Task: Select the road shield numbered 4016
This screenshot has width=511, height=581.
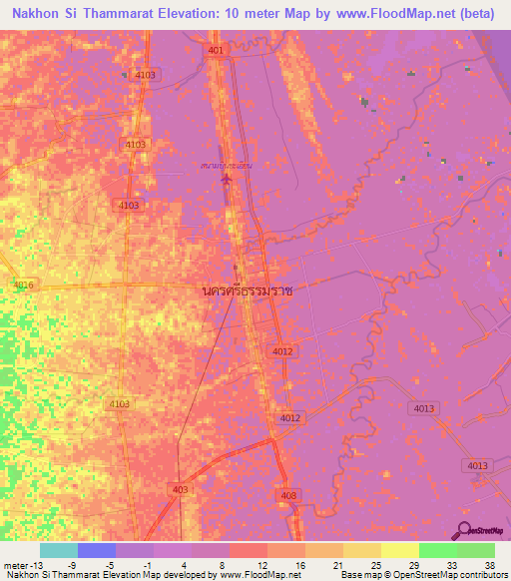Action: (23, 286)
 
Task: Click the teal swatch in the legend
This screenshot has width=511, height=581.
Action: (59, 550)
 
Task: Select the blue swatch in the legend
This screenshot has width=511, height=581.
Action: (97, 550)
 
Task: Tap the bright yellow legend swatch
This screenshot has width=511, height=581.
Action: (400, 550)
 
